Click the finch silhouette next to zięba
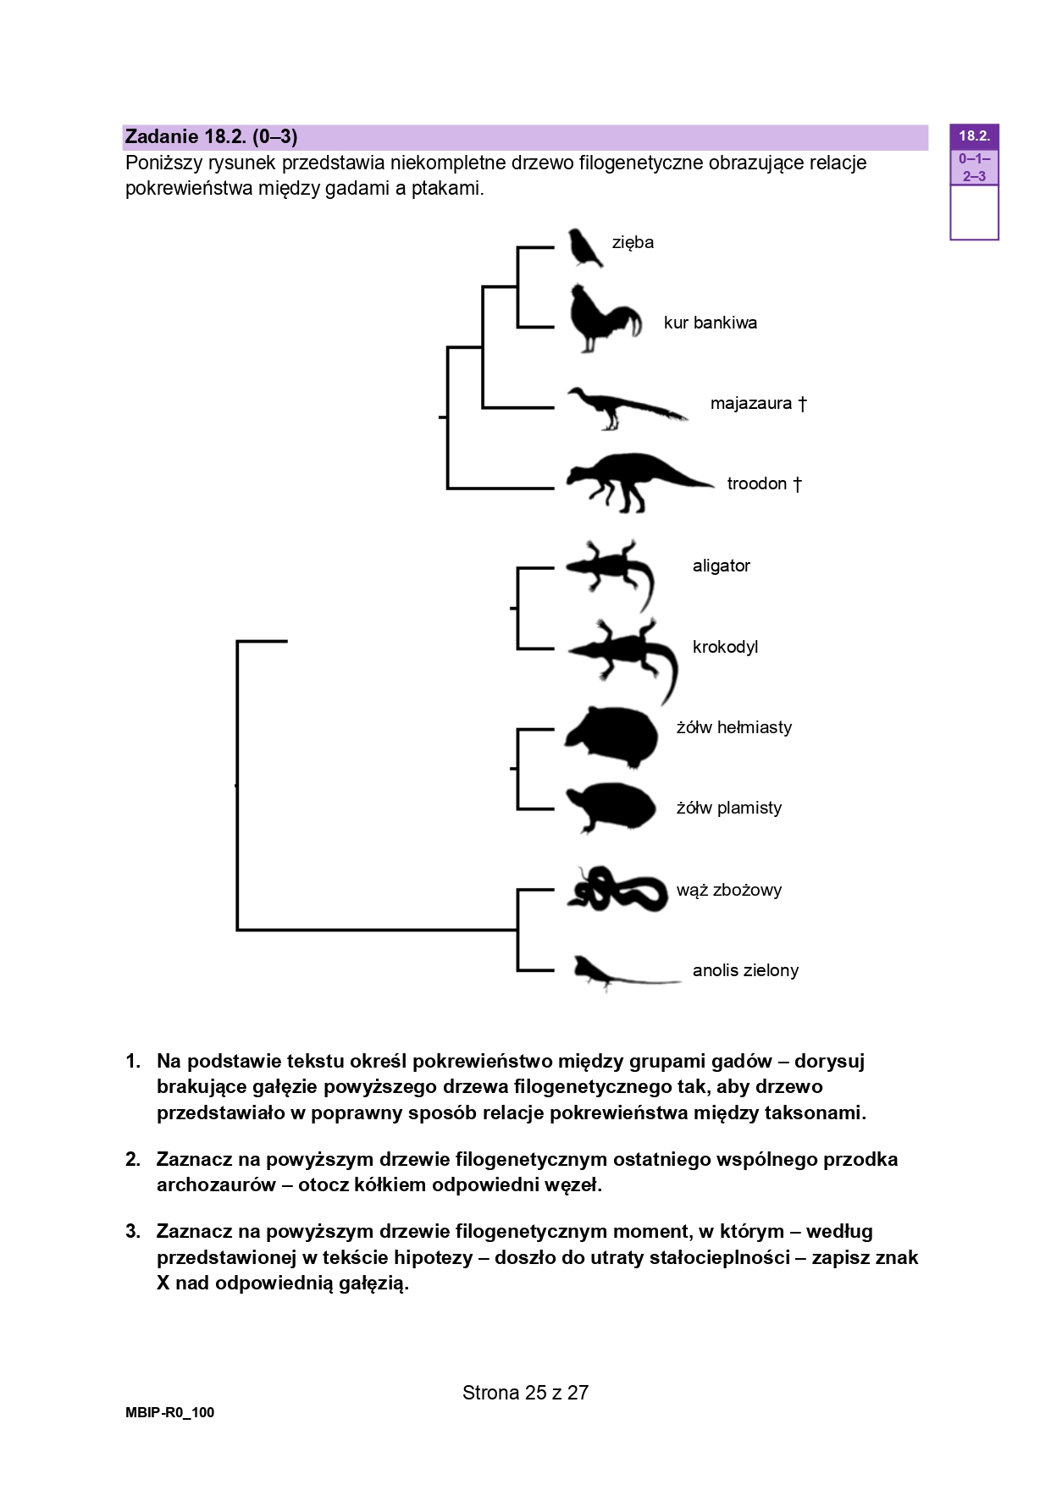584,247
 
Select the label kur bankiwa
710,323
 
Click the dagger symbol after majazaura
802,404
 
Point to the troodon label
757,483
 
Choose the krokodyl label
725,647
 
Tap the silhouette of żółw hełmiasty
611,737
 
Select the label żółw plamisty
728,808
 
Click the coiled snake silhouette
617,889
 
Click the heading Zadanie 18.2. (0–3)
211,136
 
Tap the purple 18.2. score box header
974,135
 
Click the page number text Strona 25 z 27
525,1393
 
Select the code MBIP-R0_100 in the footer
169,1412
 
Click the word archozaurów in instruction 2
216,1185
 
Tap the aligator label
721,566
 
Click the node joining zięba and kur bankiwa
517,287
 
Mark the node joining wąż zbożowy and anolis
517,930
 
